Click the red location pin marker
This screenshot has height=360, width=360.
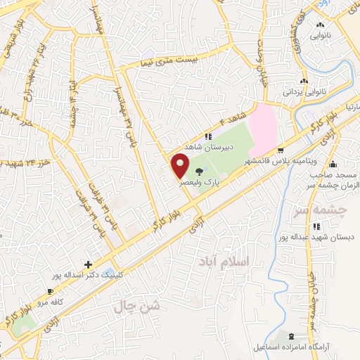pos(181,167)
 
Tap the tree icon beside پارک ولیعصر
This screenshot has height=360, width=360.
pos(200,171)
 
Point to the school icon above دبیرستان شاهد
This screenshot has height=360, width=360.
pos(207,136)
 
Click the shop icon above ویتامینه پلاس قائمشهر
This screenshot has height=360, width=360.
pos(281,150)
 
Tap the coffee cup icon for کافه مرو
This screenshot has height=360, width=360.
pos(49,292)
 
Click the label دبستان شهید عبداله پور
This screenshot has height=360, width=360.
pos(318,237)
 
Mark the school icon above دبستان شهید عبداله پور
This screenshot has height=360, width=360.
pos(317,226)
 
